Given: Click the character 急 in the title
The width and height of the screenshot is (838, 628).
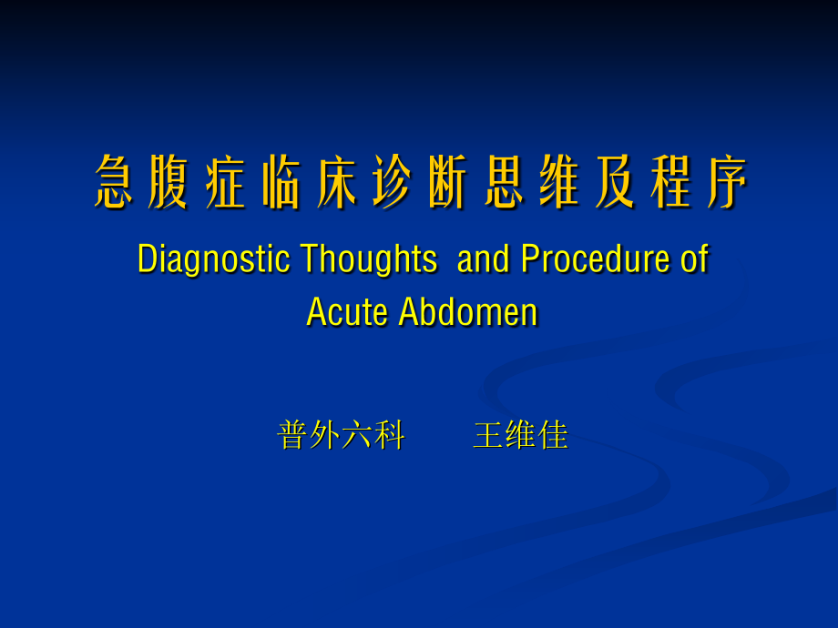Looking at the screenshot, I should (x=114, y=183).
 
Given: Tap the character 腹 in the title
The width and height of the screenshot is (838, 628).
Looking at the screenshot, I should (x=169, y=183).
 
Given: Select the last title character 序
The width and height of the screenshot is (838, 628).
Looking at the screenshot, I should (x=727, y=183).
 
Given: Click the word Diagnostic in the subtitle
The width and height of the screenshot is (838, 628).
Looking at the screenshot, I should (x=213, y=259).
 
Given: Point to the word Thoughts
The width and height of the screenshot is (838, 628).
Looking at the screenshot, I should (x=368, y=259).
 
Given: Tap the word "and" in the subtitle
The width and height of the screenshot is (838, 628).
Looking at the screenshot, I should (x=483, y=259).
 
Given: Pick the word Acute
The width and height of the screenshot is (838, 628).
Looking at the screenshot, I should (x=347, y=312).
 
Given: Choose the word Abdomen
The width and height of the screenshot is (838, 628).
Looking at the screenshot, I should (x=468, y=312).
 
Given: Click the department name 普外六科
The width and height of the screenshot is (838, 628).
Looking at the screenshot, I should (x=341, y=436).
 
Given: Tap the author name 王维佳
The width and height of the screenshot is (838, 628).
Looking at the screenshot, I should (x=520, y=436).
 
